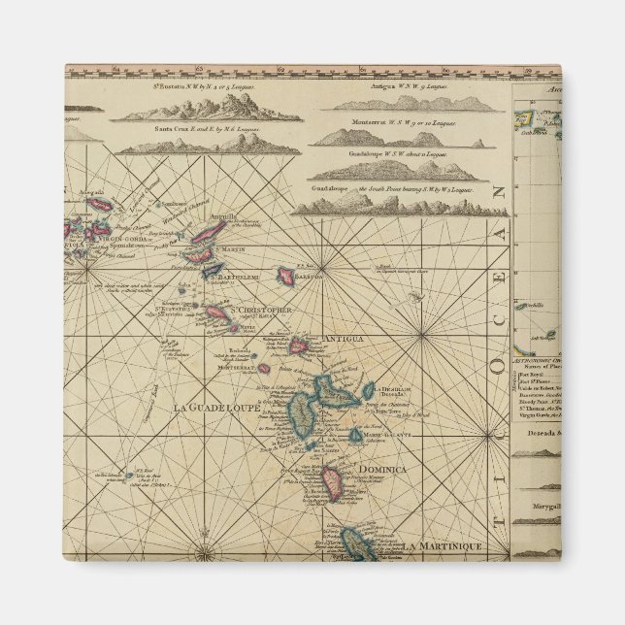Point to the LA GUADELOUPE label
point(215,408)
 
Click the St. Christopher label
point(259,310)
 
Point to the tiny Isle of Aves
point(129,477)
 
